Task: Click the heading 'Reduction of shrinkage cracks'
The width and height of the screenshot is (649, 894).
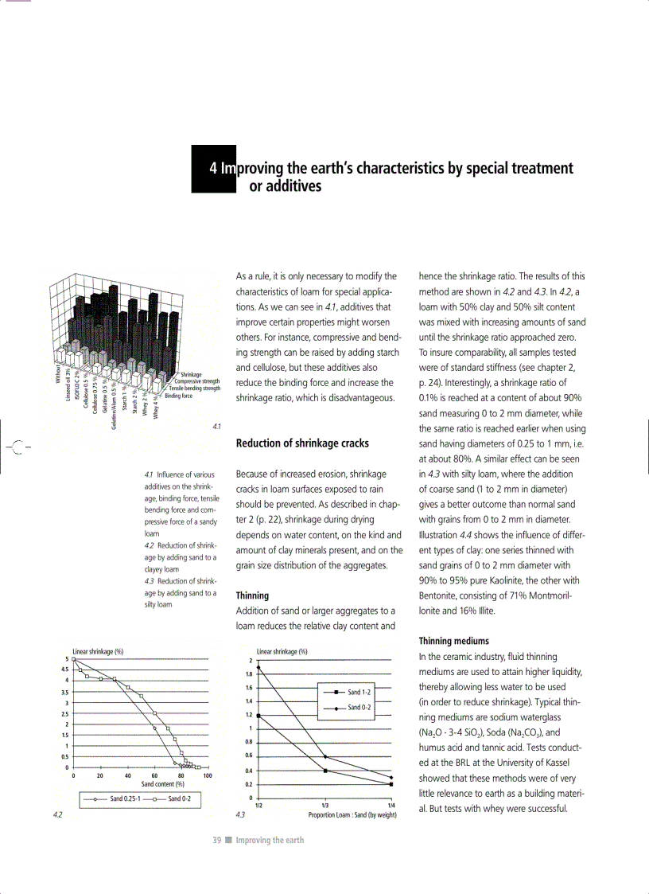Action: pyautogui.click(x=302, y=443)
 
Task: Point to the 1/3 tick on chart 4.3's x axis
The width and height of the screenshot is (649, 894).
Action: pyautogui.click(x=325, y=806)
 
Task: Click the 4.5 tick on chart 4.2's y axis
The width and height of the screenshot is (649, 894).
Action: pyautogui.click(x=64, y=670)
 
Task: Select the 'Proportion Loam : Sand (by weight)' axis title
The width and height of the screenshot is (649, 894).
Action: pyautogui.click(x=352, y=815)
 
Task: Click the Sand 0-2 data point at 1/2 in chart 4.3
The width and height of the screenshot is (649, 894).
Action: pyautogui.click(x=258, y=667)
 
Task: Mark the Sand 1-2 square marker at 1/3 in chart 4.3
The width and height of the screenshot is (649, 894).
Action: pyautogui.click(x=325, y=771)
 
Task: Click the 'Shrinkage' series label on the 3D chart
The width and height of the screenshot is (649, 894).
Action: pyautogui.click(x=191, y=374)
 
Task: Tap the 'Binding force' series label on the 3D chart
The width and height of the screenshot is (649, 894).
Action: pyautogui.click(x=178, y=395)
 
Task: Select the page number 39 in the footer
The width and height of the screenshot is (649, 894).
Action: pyautogui.click(x=216, y=840)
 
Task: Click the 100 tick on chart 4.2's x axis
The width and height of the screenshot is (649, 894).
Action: pyautogui.click(x=208, y=775)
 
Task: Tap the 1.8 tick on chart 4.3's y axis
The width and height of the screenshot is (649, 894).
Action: pyautogui.click(x=249, y=674)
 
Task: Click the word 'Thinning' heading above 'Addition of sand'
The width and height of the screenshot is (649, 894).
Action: pyautogui.click(x=252, y=595)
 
